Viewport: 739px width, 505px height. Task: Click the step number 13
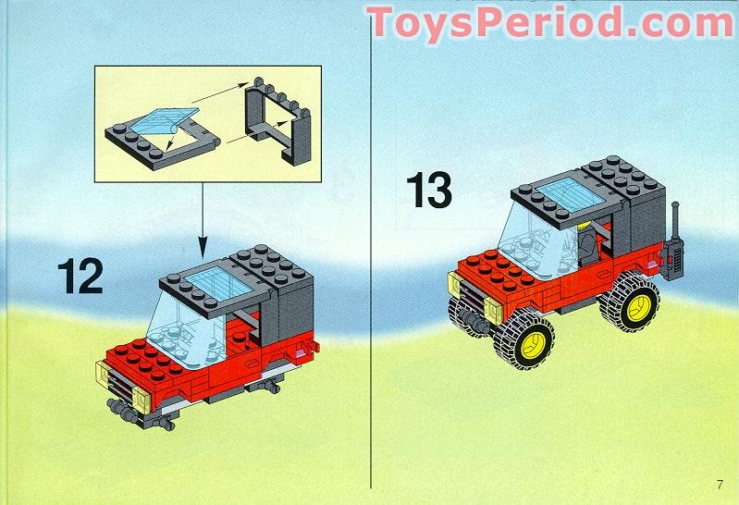point(429,190)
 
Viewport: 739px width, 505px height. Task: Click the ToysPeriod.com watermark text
point(552,21)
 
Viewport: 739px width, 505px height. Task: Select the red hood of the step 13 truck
point(490,268)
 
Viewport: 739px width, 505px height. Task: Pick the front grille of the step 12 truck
point(117,382)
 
